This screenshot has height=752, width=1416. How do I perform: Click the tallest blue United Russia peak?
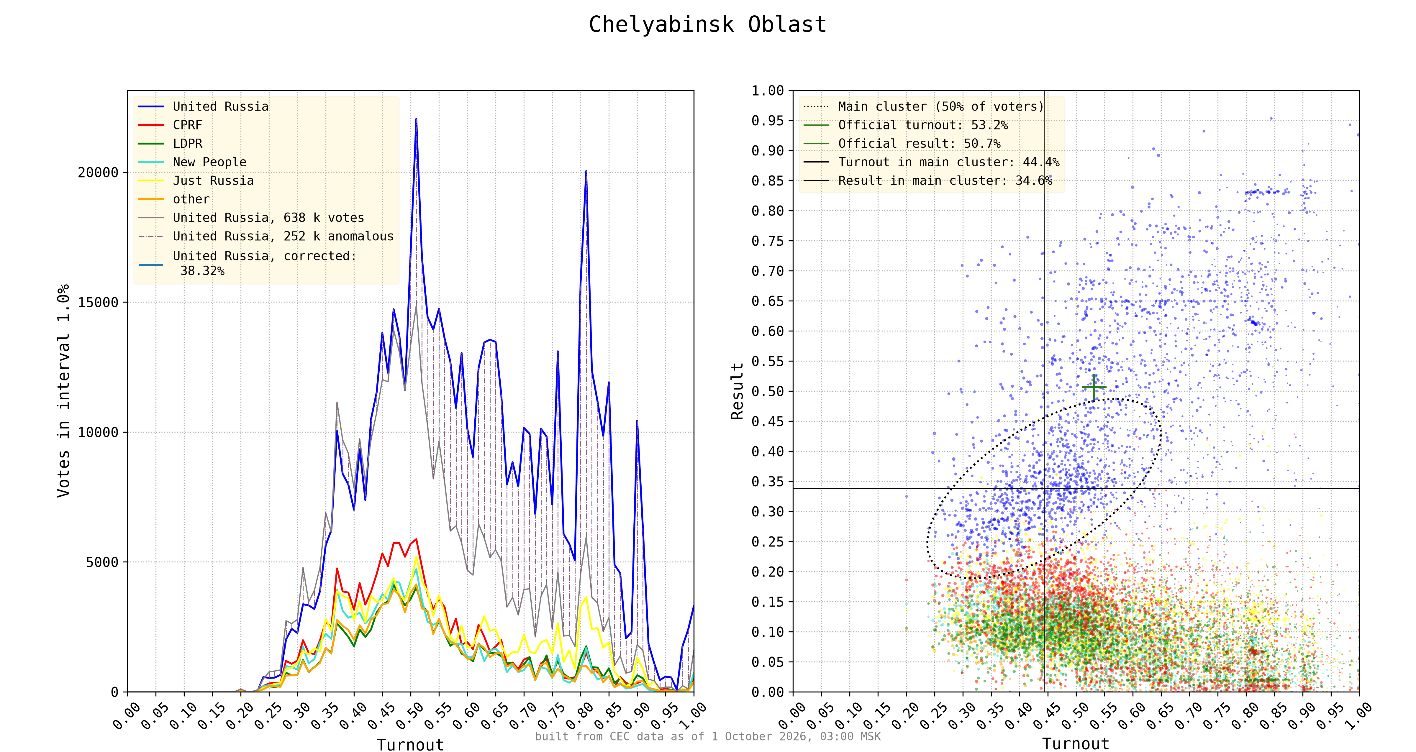tap(416, 119)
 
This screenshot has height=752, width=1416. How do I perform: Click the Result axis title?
tap(737, 391)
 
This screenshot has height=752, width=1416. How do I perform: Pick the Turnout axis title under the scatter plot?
tap(1076, 744)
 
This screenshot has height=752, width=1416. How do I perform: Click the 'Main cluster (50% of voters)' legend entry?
tap(923, 107)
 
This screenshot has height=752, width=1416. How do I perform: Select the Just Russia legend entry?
tap(196, 181)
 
